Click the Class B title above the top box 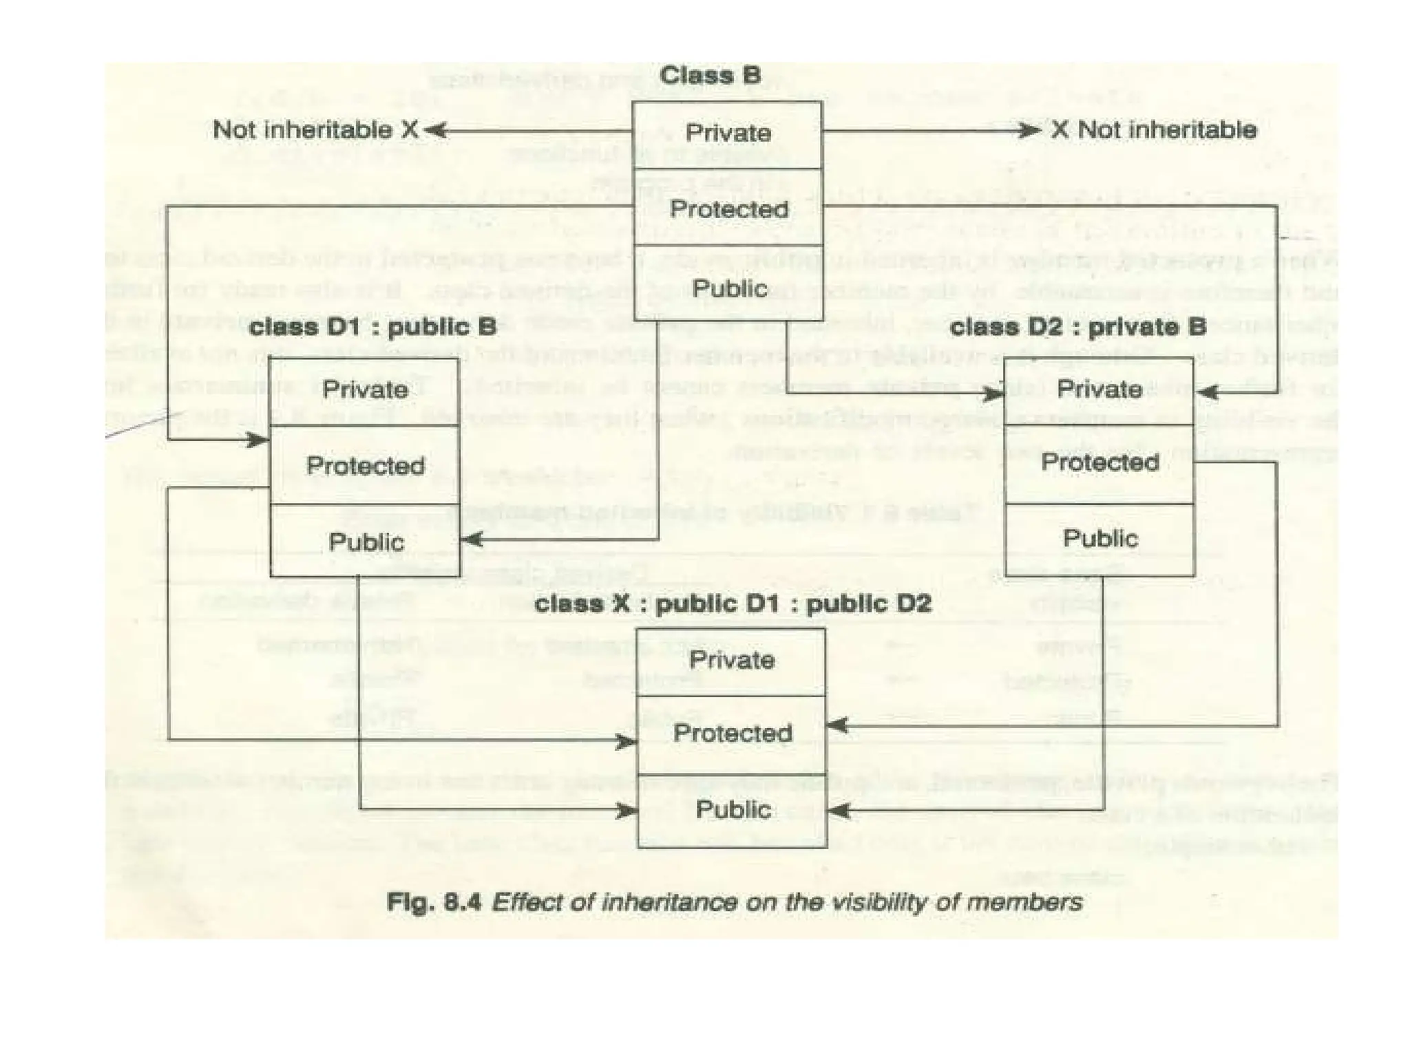(710, 75)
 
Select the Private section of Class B (728, 133)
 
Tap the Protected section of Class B (728, 209)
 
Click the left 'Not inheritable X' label (315, 129)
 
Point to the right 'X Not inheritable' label (1153, 129)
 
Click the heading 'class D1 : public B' (372, 327)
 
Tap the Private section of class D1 (365, 390)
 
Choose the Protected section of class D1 (365, 466)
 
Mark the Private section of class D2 (1099, 389)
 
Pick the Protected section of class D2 (1099, 462)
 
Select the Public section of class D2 (1100, 538)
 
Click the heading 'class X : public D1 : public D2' (733, 604)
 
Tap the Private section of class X (731, 660)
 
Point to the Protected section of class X (732, 733)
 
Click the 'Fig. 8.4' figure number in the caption (433, 901)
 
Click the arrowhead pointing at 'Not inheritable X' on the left (435, 130)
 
